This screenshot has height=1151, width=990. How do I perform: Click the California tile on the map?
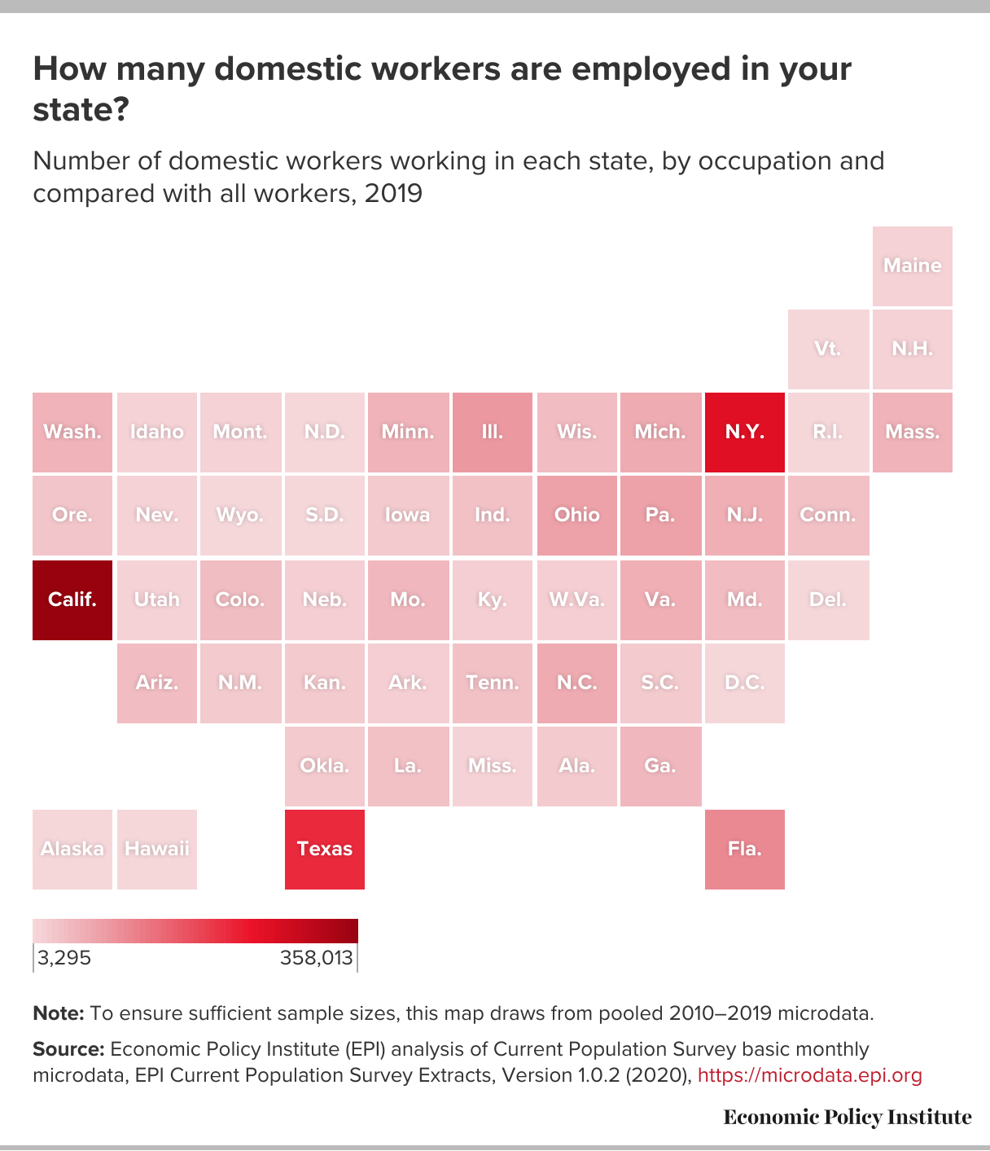[72, 600]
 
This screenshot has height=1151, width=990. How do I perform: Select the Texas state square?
[324, 849]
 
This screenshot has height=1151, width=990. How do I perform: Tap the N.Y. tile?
[745, 432]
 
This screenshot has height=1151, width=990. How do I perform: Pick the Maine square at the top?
[913, 266]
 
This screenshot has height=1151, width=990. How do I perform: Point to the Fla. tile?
[745, 849]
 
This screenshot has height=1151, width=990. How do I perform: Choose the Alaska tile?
[72, 849]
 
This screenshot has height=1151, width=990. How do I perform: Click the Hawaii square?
[157, 849]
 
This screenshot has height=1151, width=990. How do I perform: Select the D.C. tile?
[745, 683]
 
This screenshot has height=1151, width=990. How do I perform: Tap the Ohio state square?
[577, 515]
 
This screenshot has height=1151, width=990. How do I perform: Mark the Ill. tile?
[493, 432]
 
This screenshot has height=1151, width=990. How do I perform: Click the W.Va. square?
[577, 600]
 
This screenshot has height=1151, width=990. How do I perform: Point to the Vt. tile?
[829, 349]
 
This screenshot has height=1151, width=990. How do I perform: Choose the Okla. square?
[324, 767]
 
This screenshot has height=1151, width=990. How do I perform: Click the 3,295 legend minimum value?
[64, 958]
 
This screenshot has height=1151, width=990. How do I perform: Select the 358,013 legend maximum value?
[316, 958]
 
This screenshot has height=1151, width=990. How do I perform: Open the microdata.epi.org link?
[810, 1075]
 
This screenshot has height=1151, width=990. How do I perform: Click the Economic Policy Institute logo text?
[848, 1117]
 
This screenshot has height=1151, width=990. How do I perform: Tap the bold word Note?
[59, 1013]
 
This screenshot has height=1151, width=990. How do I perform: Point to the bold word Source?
[69, 1049]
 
